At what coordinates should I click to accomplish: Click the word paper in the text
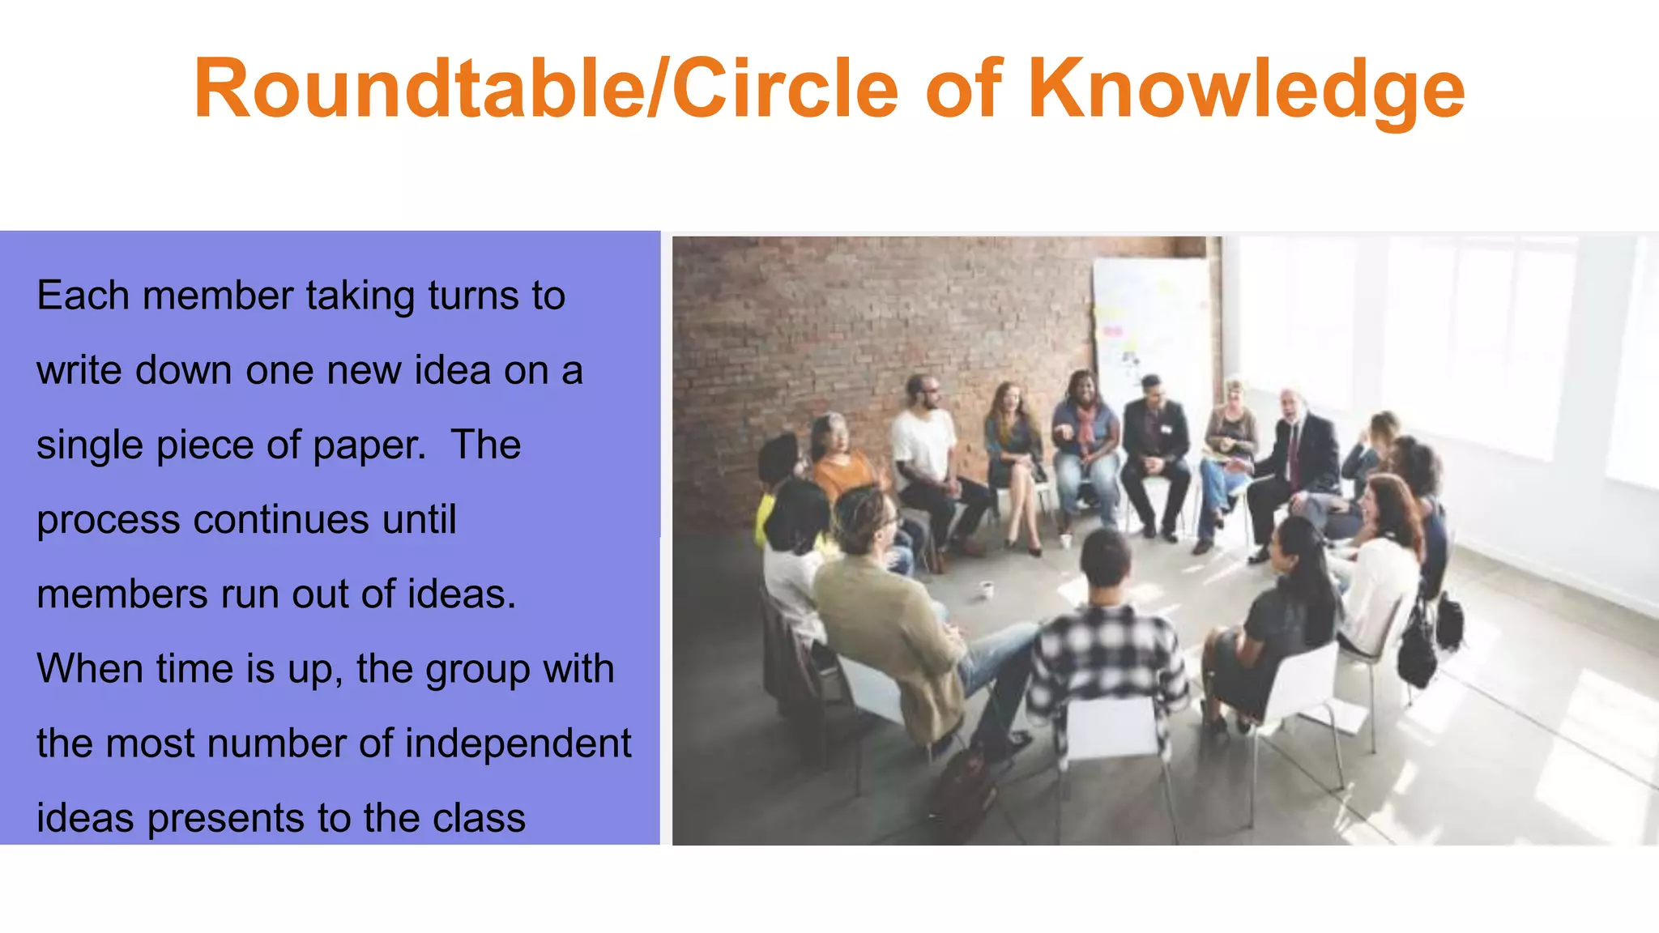[x=369, y=445]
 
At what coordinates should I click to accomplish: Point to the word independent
[x=518, y=743]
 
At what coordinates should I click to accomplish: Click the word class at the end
[x=479, y=818]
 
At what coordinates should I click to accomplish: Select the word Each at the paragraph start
[x=83, y=296]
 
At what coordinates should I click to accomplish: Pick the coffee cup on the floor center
[x=987, y=589]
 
